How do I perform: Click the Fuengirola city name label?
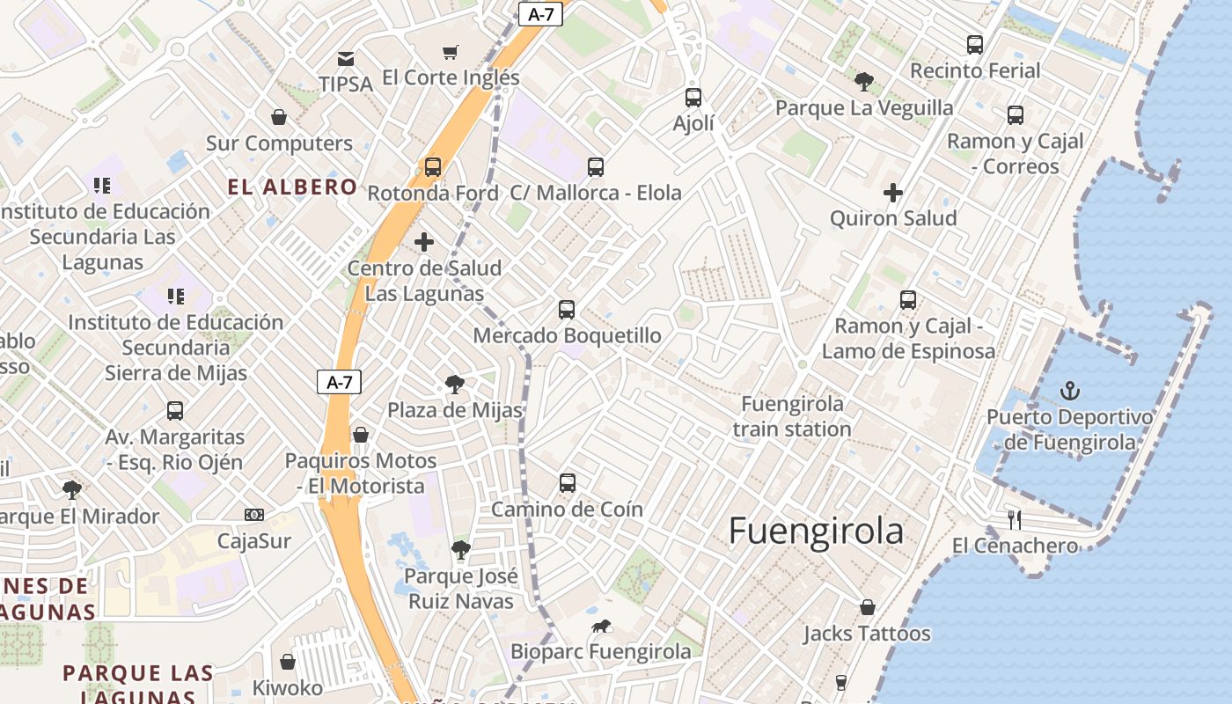816,532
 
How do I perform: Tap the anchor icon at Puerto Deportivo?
1070,390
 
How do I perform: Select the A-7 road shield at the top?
540,14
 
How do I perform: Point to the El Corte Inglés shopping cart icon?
451,53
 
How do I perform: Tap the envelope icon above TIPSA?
346,59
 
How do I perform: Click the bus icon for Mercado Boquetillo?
567,310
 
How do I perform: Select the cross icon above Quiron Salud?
893,193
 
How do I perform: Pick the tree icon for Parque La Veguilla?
863,82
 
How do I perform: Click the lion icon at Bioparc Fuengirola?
601,627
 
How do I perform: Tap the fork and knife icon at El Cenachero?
1015,520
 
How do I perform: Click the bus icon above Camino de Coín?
568,483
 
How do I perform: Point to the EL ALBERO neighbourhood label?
292,187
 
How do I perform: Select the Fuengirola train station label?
792,416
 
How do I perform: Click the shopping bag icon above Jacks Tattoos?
867,607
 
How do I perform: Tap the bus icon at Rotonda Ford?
433,167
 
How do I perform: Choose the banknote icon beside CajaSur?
254,515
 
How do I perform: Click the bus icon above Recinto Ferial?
975,45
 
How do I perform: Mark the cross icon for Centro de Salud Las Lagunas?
424,242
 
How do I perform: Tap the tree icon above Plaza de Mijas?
455,385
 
